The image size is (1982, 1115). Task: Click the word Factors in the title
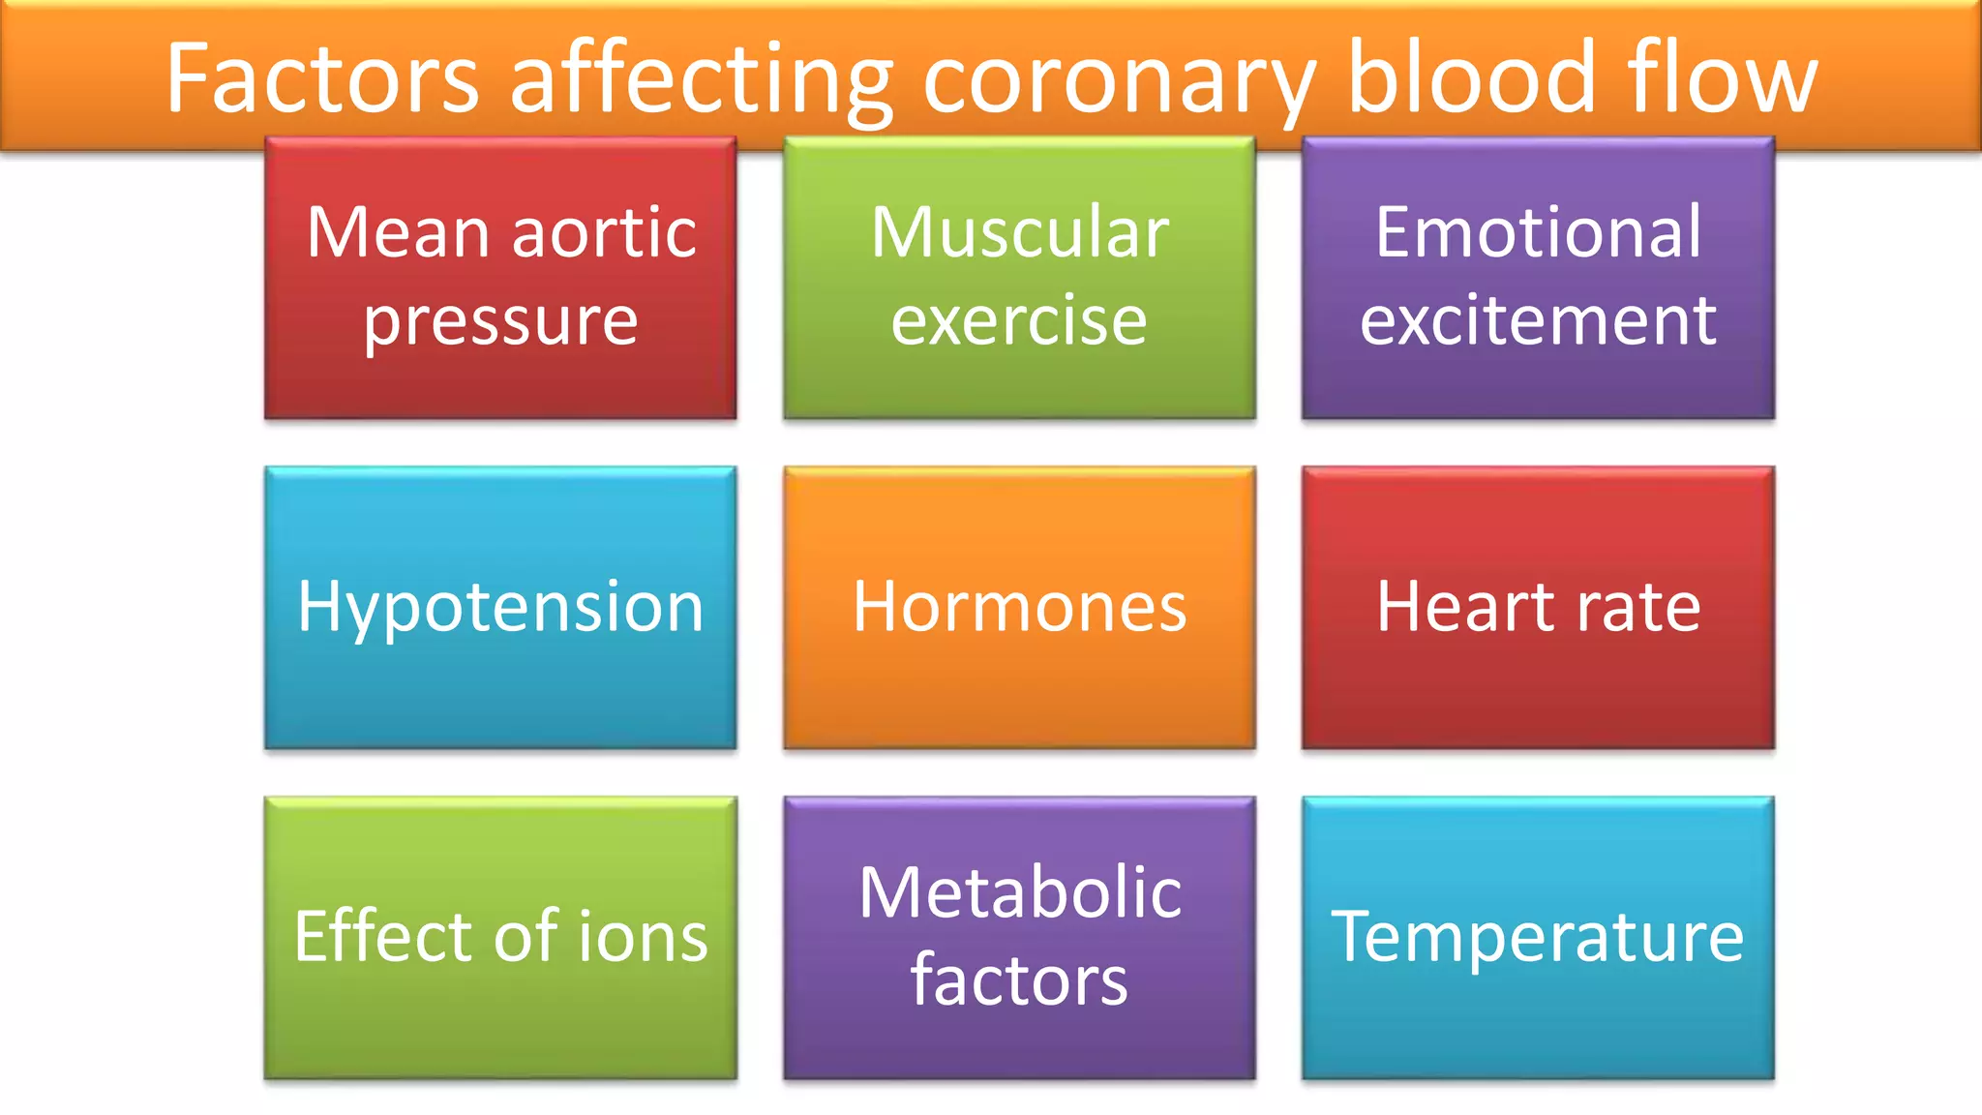322,77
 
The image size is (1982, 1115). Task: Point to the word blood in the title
1471,77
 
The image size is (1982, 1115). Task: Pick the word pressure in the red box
500,321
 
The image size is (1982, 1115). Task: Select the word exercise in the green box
1019,321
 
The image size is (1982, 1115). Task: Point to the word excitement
1538,321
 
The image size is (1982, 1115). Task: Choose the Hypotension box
500,608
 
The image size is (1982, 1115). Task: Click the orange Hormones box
1019,608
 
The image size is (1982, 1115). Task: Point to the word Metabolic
1020,892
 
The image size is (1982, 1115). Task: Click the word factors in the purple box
1019,980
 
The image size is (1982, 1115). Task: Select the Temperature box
1538,937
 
